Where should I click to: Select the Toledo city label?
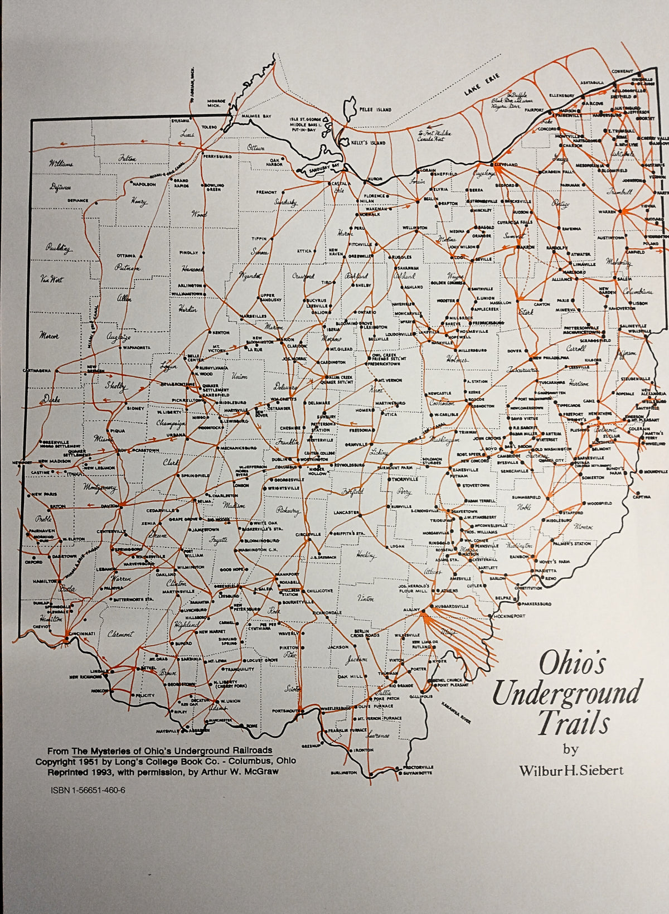[209, 127]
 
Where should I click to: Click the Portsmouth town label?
[284, 710]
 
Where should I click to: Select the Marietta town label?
[546, 571]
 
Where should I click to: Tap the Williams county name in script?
[61, 164]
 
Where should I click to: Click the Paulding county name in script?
[59, 249]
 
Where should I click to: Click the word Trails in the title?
[572, 724]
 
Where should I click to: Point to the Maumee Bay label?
[259, 116]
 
